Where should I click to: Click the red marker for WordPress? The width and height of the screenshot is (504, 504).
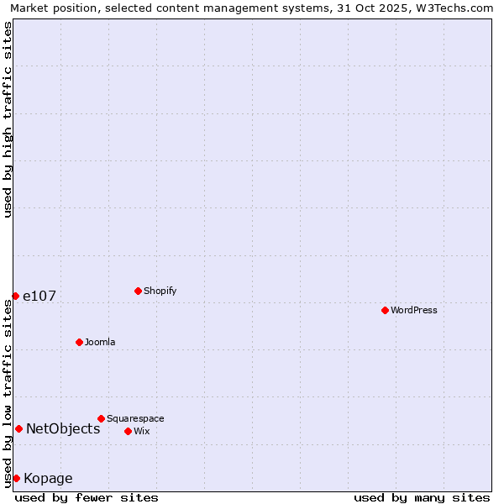pyautogui.click(x=385, y=310)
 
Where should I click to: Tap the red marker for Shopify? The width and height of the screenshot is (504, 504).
pyautogui.click(x=138, y=291)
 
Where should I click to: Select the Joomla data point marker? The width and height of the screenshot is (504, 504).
pyautogui.click(x=79, y=342)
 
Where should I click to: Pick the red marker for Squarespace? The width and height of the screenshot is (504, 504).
pyautogui.click(x=101, y=418)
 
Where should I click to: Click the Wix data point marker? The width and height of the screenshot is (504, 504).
pyautogui.click(x=128, y=431)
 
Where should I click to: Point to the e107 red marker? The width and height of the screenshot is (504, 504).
pyautogui.click(x=15, y=296)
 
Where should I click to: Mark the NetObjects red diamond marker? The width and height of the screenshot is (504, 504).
pyautogui.click(x=18, y=428)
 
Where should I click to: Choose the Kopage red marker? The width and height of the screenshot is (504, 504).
pyautogui.click(x=16, y=478)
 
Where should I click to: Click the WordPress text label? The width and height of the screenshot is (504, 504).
pyautogui.click(x=414, y=311)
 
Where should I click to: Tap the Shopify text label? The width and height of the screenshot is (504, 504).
pyautogui.click(x=160, y=291)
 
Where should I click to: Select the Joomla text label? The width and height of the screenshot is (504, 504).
pyautogui.click(x=100, y=343)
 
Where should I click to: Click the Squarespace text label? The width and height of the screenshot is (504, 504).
pyautogui.click(x=135, y=419)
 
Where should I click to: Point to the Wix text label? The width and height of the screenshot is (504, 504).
pyautogui.click(x=142, y=432)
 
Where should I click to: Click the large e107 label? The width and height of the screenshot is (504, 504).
pyautogui.click(x=39, y=297)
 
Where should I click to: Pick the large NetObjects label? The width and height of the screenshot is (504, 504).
pyautogui.click(x=63, y=429)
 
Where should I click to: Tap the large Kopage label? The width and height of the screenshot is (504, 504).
pyautogui.click(x=48, y=479)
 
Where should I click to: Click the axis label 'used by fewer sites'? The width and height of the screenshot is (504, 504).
pyautogui.click(x=87, y=497)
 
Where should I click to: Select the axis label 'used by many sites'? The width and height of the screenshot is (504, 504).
pyautogui.click(x=422, y=497)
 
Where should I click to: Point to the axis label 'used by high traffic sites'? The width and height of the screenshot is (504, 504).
pyautogui.click(x=8, y=119)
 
